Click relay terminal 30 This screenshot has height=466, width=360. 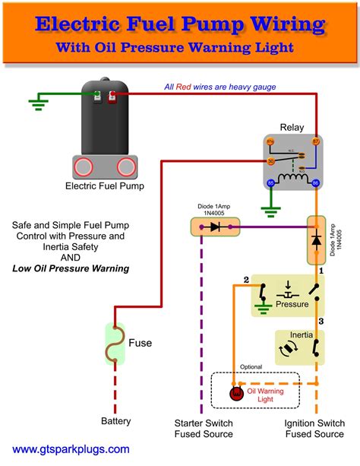(270, 160)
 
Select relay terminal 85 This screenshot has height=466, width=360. (270, 182)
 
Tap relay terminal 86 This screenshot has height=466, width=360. (314, 182)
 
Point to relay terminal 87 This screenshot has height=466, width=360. (314, 141)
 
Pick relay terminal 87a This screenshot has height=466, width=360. (270, 141)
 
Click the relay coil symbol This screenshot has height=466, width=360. (292, 179)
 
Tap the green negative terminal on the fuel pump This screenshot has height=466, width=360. (97, 97)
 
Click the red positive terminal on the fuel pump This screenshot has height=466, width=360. (112, 97)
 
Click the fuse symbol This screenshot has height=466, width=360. (116, 342)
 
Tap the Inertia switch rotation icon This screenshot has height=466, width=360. (289, 347)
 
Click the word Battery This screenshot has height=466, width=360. (116, 420)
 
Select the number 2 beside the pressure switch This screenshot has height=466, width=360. (245, 279)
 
